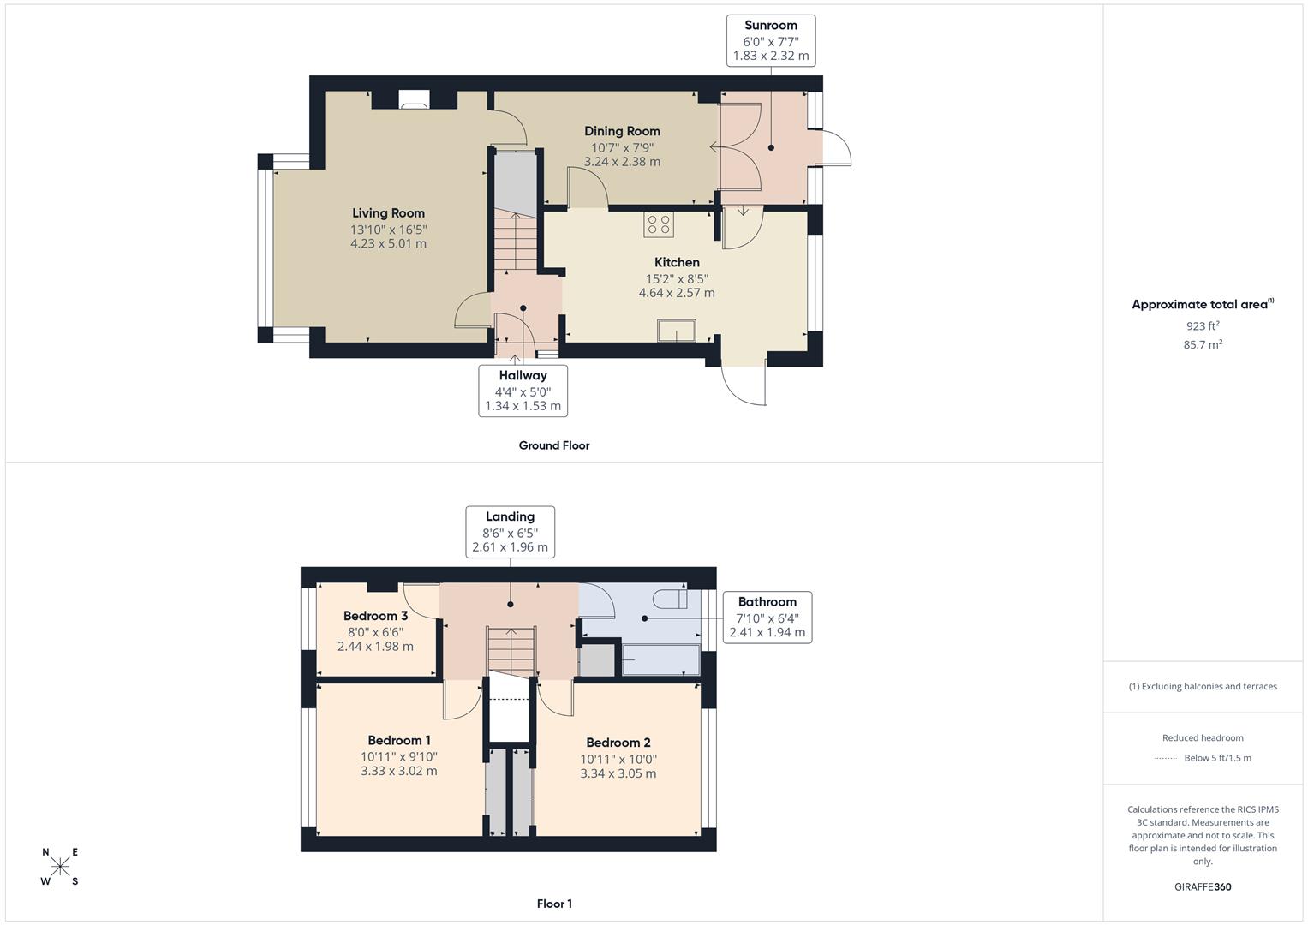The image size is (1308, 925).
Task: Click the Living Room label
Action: tap(388, 213)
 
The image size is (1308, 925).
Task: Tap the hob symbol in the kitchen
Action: tap(659, 224)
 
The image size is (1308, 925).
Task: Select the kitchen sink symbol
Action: tap(677, 330)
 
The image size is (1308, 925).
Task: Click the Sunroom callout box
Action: tap(770, 40)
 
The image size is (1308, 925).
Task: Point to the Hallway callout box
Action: tap(523, 391)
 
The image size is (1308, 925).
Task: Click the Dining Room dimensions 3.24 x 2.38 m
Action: tap(622, 162)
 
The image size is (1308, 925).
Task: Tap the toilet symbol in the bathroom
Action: tap(669, 597)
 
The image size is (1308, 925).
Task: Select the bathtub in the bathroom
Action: tap(660, 659)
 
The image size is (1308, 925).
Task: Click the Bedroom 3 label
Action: tap(375, 616)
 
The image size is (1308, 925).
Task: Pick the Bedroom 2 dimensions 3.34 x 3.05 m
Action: tap(618, 773)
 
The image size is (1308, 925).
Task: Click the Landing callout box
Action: tap(510, 532)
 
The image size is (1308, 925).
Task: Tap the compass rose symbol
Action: tap(60, 867)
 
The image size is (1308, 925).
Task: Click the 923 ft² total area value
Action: tap(1202, 326)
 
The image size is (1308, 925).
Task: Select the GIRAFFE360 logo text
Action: tap(1202, 886)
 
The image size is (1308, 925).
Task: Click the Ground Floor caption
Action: tap(553, 445)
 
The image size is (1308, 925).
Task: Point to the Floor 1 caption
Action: tap(553, 904)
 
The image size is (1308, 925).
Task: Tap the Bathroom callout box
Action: tap(767, 617)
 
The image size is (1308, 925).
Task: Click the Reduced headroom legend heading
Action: tap(1202, 737)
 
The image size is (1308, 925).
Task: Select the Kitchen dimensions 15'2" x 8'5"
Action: tap(677, 278)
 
